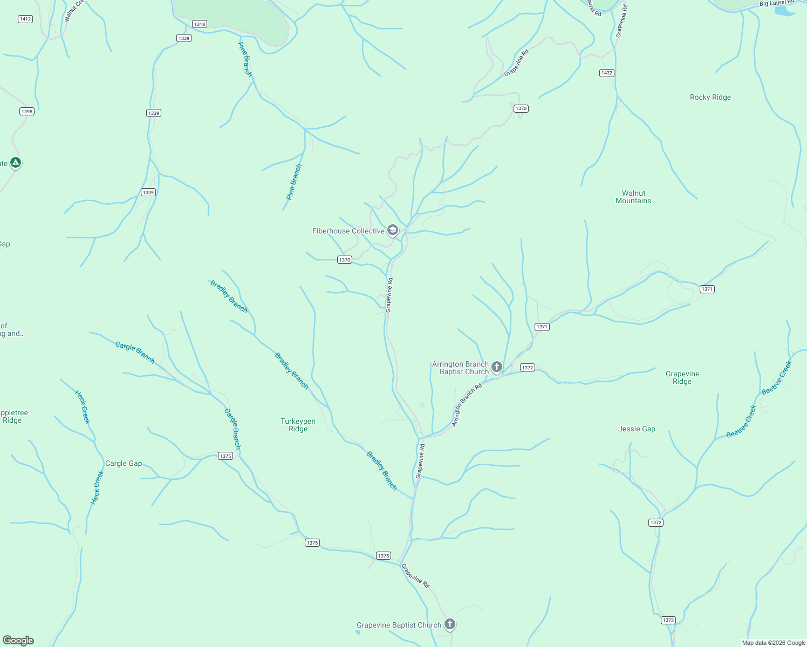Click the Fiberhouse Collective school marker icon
[x=393, y=230]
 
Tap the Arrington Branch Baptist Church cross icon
[x=497, y=367]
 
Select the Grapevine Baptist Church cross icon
[x=450, y=624]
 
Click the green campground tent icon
[x=16, y=162]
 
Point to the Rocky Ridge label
[x=710, y=98]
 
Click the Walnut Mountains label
[x=633, y=197]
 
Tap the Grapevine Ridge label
[x=682, y=377]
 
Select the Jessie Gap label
[x=637, y=429]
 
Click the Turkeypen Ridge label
[x=298, y=425]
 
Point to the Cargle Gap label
[x=124, y=463]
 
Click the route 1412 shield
[x=25, y=19]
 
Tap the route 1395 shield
[x=27, y=112]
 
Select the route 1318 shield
[x=200, y=24]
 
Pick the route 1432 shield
[x=607, y=73]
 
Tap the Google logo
[x=18, y=640]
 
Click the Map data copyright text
[x=774, y=643]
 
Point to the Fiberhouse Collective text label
[x=348, y=231]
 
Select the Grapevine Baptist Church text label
[x=399, y=625]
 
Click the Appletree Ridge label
[x=13, y=416]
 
